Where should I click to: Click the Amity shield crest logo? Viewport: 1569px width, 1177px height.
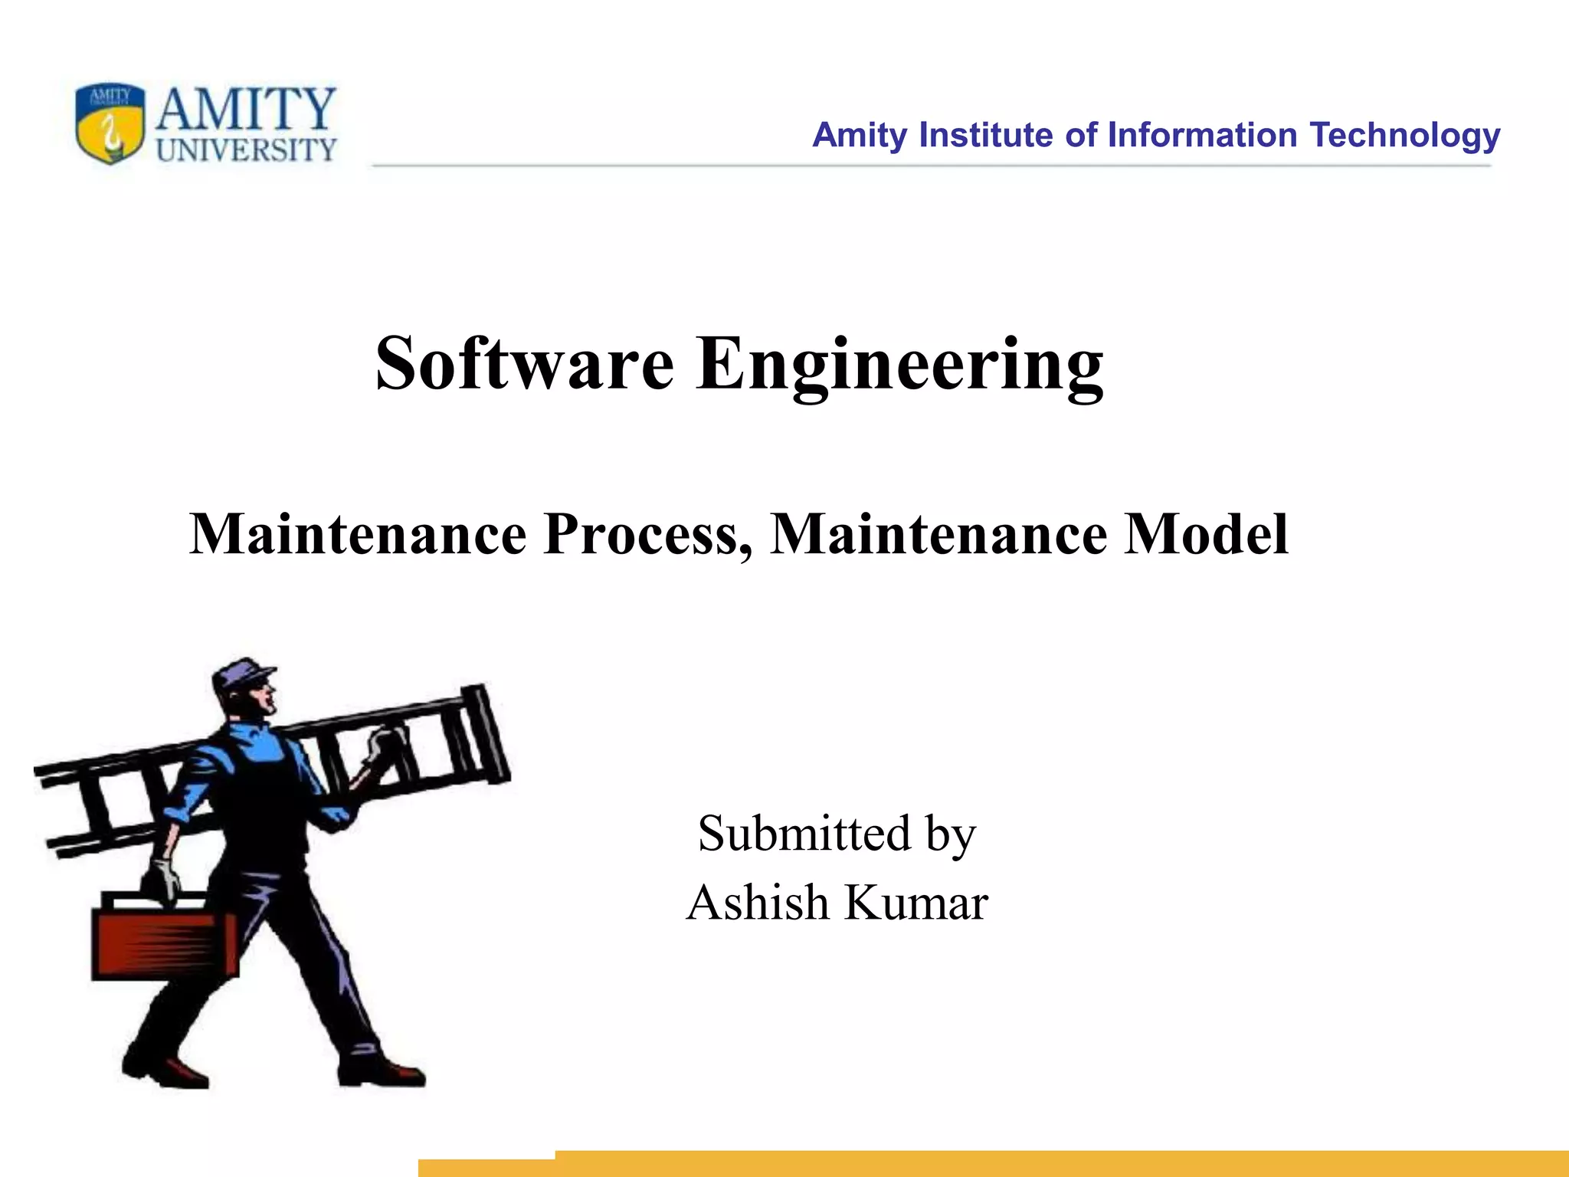pos(110,123)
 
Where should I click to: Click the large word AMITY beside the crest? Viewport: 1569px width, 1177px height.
pos(246,109)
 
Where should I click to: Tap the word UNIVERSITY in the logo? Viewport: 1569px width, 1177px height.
pos(246,149)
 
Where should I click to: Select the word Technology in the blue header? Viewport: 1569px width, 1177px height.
pos(1404,136)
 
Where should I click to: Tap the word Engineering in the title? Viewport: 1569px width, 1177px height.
pos(900,365)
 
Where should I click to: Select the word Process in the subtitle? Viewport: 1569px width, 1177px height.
pos(647,533)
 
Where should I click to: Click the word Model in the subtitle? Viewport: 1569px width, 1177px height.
pos(1206,533)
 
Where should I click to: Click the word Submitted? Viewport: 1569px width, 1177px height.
pos(804,833)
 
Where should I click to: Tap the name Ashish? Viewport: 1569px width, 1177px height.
pos(758,902)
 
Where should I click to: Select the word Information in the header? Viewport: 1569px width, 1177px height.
pos(1202,135)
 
